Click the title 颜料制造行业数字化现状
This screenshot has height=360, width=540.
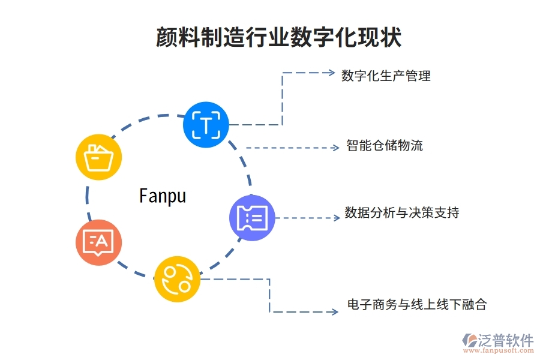point(278,37)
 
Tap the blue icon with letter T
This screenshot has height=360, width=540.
point(206,125)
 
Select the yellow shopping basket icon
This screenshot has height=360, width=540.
point(98,157)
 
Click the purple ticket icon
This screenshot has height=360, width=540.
point(252,218)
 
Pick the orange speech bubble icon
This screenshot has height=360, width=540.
point(98,243)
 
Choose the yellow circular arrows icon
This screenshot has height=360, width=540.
point(177,279)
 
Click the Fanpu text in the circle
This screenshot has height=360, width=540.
point(163,196)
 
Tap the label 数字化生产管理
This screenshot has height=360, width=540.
point(386,76)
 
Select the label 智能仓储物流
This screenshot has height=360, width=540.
point(384,145)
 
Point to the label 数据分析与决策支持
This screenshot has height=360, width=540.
point(401,213)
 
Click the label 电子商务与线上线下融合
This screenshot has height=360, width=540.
point(416,305)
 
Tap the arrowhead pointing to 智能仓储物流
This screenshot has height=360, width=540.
point(336,148)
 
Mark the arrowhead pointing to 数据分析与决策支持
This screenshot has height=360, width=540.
point(336,218)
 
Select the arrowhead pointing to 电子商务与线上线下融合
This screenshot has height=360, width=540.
point(334,311)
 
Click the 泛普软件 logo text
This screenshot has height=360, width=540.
point(505,340)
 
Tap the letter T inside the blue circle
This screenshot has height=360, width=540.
point(206,125)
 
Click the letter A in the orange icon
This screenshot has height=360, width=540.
point(102,241)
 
